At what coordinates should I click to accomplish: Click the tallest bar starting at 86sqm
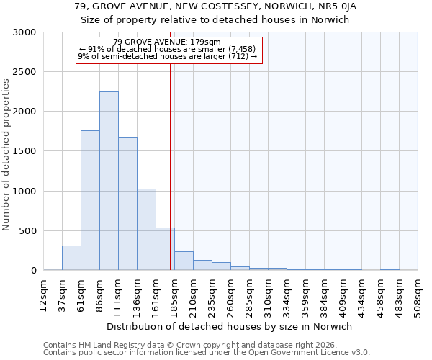click(x=109, y=181)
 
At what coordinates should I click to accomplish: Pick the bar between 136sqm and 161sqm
click(x=146, y=230)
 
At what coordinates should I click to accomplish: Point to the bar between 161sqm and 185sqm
click(x=165, y=249)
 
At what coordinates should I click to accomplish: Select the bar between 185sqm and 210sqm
click(x=184, y=261)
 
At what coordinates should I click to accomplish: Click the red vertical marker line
click(x=171, y=158)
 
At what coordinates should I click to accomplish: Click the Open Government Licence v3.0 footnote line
click(x=207, y=352)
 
